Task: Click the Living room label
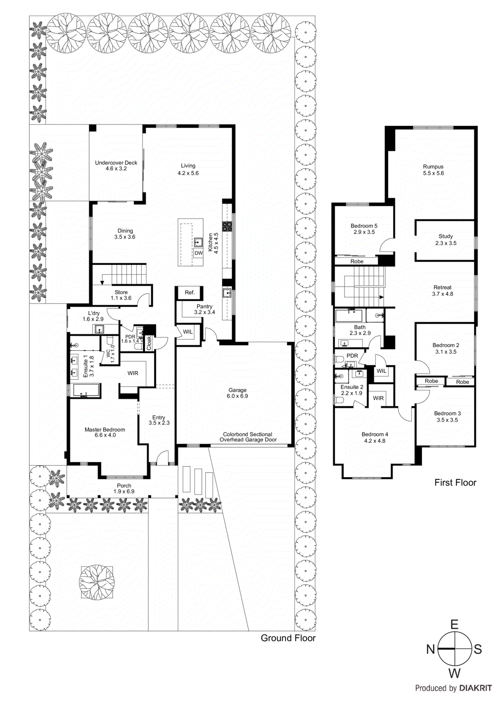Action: tap(188, 166)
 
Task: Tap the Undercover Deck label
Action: tap(116, 163)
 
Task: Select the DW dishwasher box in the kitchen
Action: tap(198, 253)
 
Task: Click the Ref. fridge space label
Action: tap(190, 292)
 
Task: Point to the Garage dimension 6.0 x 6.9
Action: tap(238, 396)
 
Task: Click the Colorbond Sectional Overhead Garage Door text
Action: tap(248, 437)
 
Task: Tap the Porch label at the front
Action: tap(124, 485)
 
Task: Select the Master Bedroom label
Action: tap(105, 429)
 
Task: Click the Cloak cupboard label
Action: tap(149, 343)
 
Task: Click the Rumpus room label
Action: tap(433, 167)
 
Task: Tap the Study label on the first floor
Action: tap(446, 236)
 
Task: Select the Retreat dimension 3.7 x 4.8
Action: tap(443, 294)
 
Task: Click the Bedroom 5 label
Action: tap(364, 226)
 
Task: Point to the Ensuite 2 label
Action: tap(352, 387)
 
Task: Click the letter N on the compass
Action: tap(430, 649)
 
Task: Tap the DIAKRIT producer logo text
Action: tap(475, 688)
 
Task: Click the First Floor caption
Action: tap(455, 483)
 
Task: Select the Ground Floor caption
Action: tap(288, 638)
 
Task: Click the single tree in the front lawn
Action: tap(97, 583)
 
